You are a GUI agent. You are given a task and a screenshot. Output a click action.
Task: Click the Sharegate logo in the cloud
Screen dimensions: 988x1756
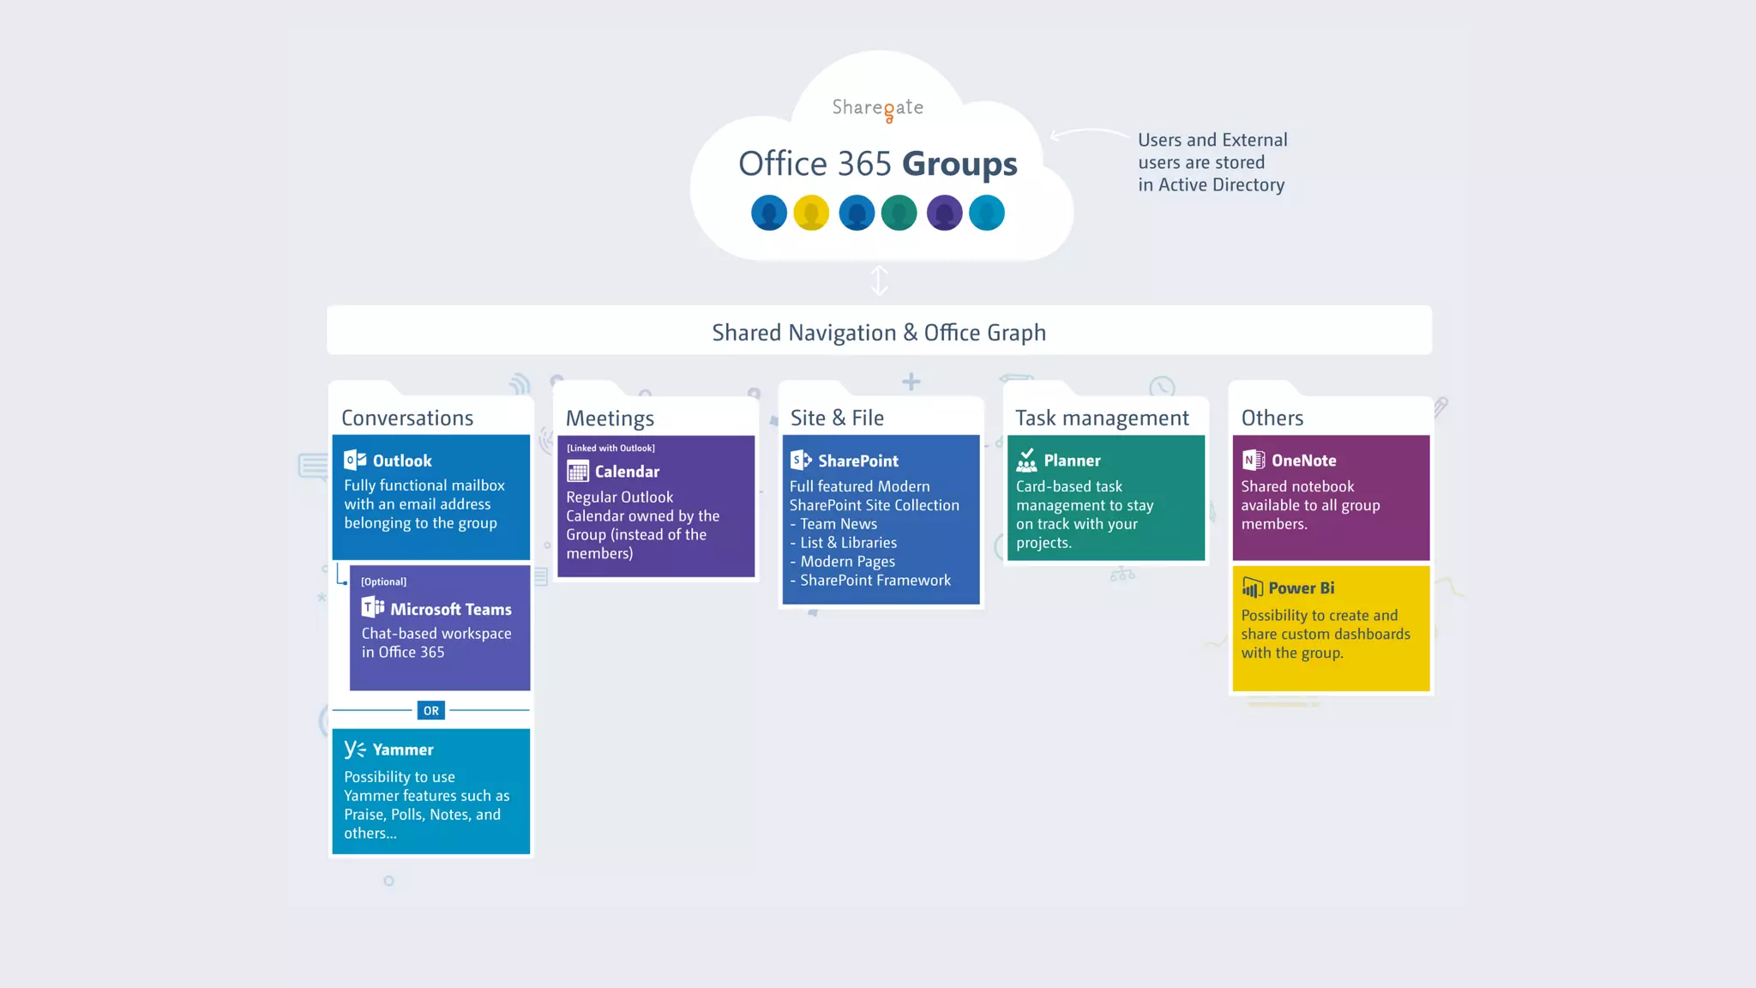point(878,108)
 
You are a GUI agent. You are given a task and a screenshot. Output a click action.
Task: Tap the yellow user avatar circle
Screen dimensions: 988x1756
point(811,213)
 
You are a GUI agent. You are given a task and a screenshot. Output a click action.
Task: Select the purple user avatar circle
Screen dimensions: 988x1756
point(944,213)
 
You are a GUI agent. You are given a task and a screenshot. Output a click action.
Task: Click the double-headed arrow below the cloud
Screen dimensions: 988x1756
point(879,280)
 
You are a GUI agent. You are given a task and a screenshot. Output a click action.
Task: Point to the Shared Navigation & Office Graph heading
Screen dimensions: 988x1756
point(879,333)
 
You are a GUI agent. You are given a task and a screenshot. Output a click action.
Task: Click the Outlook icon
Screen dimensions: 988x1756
point(355,461)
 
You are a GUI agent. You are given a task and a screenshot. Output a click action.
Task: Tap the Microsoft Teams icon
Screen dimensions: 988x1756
point(373,608)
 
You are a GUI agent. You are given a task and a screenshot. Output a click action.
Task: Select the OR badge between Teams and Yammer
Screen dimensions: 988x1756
point(430,710)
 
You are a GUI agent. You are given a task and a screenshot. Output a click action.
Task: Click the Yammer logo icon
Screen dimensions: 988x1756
point(355,750)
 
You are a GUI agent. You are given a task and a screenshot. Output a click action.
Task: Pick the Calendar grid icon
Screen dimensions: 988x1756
point(578,471)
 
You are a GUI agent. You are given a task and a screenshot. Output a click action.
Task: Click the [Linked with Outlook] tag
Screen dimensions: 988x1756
point(610,449)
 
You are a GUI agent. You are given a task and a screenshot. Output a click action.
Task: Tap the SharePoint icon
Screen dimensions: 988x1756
point(801,461)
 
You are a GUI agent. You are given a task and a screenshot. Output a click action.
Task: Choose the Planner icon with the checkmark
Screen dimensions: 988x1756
point(1026,461)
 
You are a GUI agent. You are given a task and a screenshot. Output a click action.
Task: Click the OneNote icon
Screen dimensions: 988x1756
point(1254,461)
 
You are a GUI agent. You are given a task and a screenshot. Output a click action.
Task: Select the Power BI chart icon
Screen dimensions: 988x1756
point(1252,587)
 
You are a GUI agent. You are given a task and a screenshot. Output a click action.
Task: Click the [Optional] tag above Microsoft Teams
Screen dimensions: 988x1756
point(383,581)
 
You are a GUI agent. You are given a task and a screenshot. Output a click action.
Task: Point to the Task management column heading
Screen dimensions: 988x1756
point(1102,418)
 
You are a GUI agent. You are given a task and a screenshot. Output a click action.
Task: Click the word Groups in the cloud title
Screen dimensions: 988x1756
point(959,164)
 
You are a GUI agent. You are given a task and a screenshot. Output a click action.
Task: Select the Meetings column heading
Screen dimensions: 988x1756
point(610,418)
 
